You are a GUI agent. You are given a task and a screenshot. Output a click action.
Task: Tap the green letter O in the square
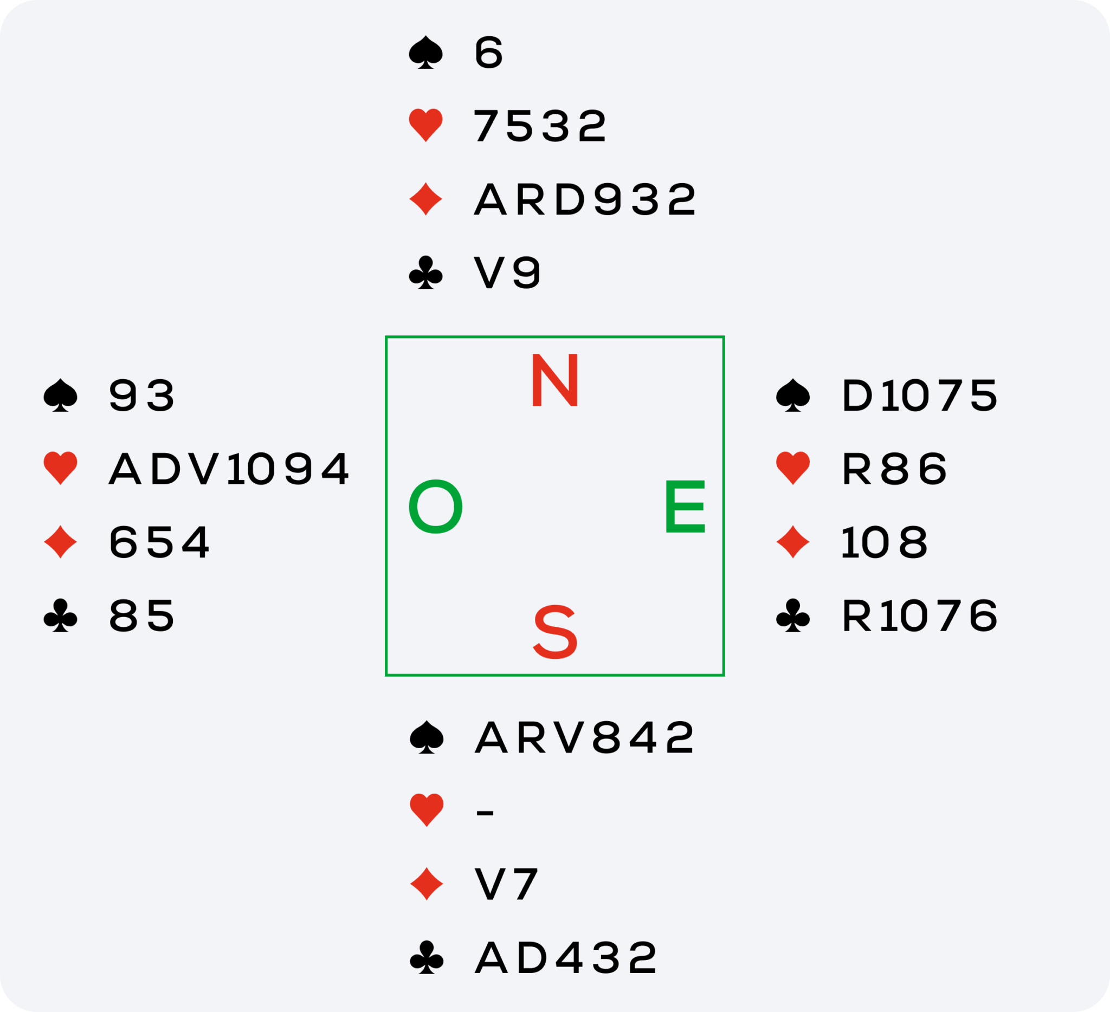click(435, 507)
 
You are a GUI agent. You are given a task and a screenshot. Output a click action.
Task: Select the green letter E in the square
click(685, 507)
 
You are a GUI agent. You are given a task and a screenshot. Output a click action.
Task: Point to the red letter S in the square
click(555, 632)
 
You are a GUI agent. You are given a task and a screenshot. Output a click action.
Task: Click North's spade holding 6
click(488, 53)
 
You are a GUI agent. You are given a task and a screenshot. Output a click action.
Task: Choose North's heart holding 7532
click(540, 126)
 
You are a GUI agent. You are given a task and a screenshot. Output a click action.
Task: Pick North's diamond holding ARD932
click(585, 199)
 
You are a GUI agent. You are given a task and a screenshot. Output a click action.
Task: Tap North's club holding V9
click(508, 273)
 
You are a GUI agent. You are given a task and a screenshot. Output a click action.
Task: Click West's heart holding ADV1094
click(229, 469)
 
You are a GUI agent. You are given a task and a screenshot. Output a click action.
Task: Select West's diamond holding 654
click(159, 542)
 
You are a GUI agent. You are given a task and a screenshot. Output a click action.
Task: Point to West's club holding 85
click(141, 615)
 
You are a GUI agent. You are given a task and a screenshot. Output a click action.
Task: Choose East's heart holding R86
click(894, 469)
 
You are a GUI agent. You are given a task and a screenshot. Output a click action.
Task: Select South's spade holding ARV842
click(585, 737)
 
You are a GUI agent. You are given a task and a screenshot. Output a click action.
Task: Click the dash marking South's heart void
click(485, 812)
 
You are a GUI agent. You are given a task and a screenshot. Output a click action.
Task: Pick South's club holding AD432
click(565, 958)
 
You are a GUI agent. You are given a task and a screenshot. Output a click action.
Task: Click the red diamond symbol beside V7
click(427, 884)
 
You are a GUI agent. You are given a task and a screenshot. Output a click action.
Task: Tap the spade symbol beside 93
click(61, 395)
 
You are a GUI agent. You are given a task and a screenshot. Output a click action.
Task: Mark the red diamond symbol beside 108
click(793, 542)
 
